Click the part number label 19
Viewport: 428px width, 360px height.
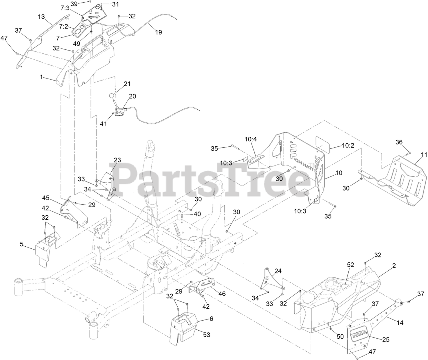[158, 32]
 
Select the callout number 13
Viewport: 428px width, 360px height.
[41, 16]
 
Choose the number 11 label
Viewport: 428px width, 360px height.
[424, 154]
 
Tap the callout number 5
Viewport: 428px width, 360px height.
[22, 244]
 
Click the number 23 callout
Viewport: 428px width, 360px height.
[117, 160]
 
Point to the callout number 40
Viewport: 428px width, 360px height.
[198, 214]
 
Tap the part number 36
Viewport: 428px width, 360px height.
[399, 142]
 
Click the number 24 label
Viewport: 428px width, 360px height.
[278, 271]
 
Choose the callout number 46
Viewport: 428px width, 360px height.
[222, 294]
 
